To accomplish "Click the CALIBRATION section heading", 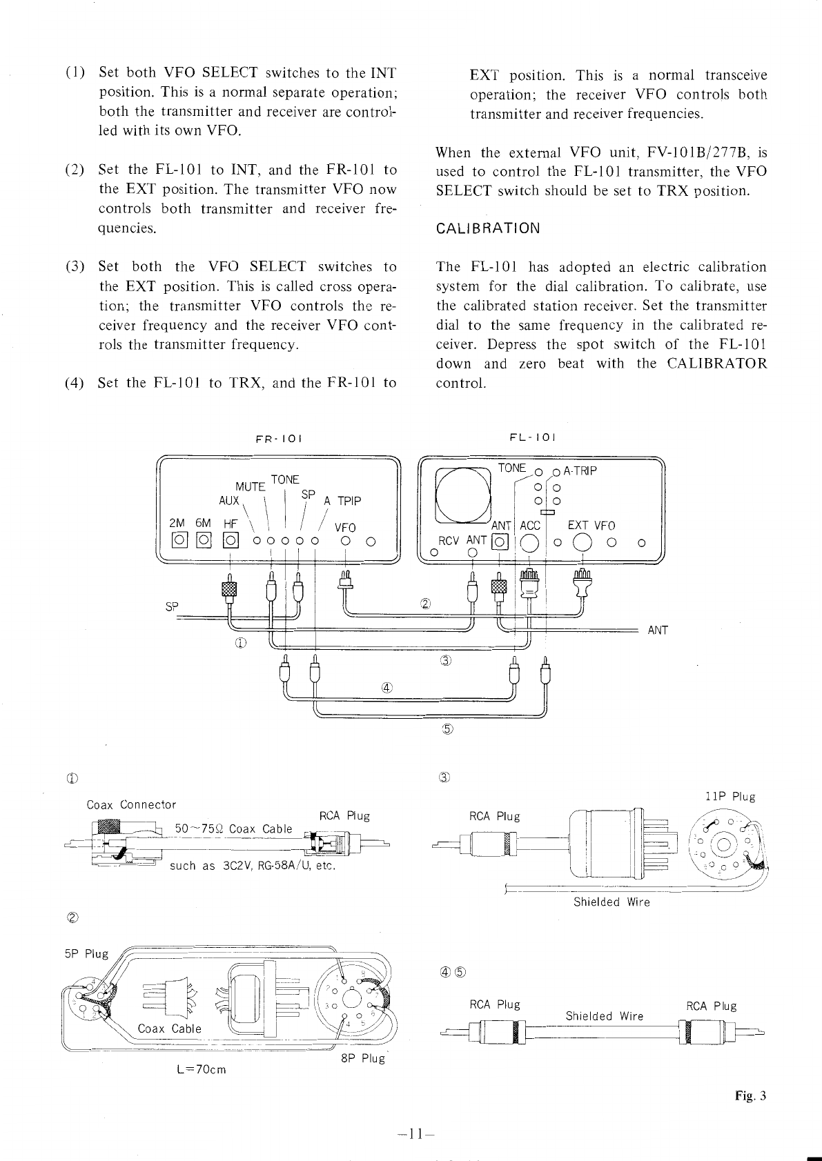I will coord(488,228).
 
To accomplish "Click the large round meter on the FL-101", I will coord(462,495).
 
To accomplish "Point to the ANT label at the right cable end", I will coord(658,630).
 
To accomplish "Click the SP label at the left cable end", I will coord(171,607).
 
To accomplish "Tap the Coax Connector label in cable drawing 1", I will coord(131,804).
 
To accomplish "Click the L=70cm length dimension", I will coord(202,1070).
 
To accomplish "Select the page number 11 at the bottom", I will coord(411,1133).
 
